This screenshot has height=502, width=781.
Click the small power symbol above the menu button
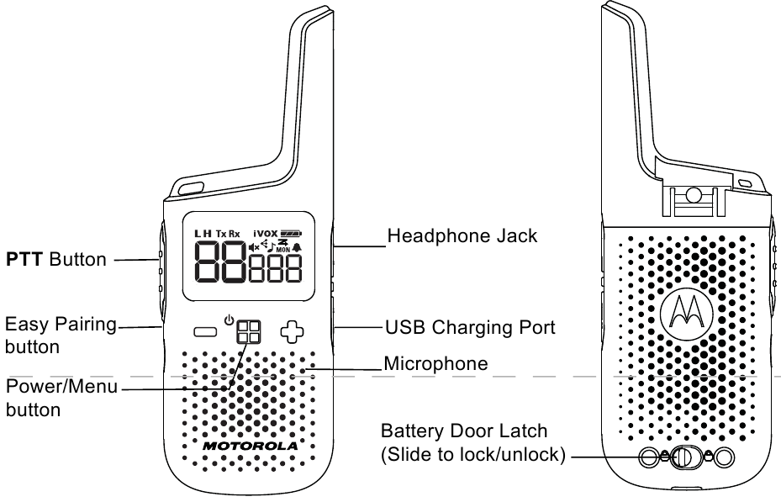coord(229,317)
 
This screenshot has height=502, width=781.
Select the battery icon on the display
coord(293,233)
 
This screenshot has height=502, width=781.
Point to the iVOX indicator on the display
coord(266,233)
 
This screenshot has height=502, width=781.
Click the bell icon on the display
coord(296,247)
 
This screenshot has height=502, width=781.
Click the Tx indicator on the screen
coord(221,233)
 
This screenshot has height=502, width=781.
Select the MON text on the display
coord(282,251)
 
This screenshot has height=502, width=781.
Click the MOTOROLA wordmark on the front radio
coord(249,444)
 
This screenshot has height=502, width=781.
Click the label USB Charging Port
coord(470,326)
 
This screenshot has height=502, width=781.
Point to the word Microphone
coord(435,364)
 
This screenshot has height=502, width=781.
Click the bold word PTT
coord(25,259)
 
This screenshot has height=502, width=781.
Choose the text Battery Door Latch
coord(464,431)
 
